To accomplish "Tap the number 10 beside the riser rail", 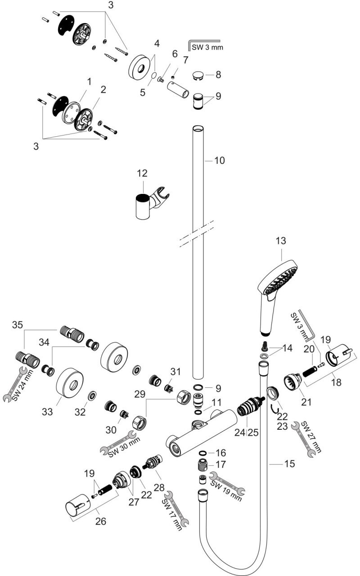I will pos(220,160).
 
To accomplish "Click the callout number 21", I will pos(306,402).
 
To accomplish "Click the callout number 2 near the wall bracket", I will pos(103,90).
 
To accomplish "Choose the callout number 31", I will pos(175,372).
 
